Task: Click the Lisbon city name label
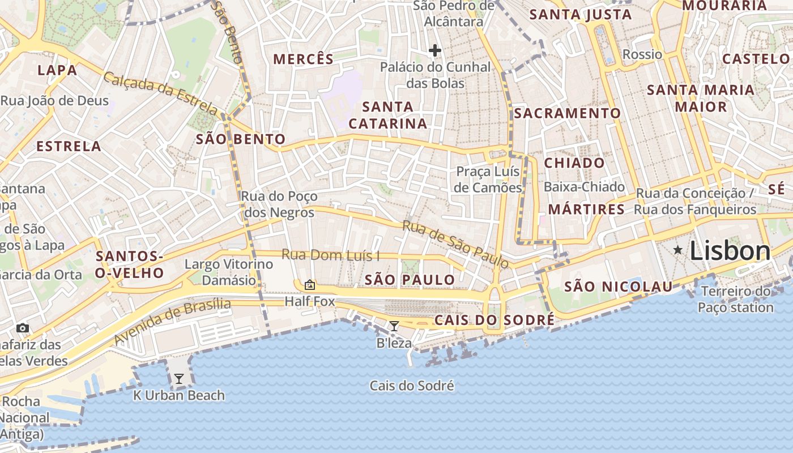tap(730, 251)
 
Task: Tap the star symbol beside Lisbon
tap(677, 250)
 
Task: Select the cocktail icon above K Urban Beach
tap(179, 378)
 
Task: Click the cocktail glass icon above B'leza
tap(394, 326)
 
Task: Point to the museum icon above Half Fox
tap(310, 285)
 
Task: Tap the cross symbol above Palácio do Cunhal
tap(435, 50)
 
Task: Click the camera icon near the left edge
tap(23, 328)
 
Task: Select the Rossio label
tap(642, 54)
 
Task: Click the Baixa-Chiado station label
tap(584, 187)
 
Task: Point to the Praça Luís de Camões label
tap(489, 179)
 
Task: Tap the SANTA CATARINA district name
tap(388, 115)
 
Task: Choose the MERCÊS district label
tap(304, 59)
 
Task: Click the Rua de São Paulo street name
tap(455, 244)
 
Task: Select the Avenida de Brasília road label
tap(172, 322)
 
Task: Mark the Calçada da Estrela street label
tap(160, 94)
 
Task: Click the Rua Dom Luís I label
tap(330, 255)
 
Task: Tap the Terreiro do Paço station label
tap(735, 300)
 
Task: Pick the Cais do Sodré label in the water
tap(412, 386)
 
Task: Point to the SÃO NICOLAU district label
tap(618, 287)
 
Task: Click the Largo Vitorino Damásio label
tap(229, 272)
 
